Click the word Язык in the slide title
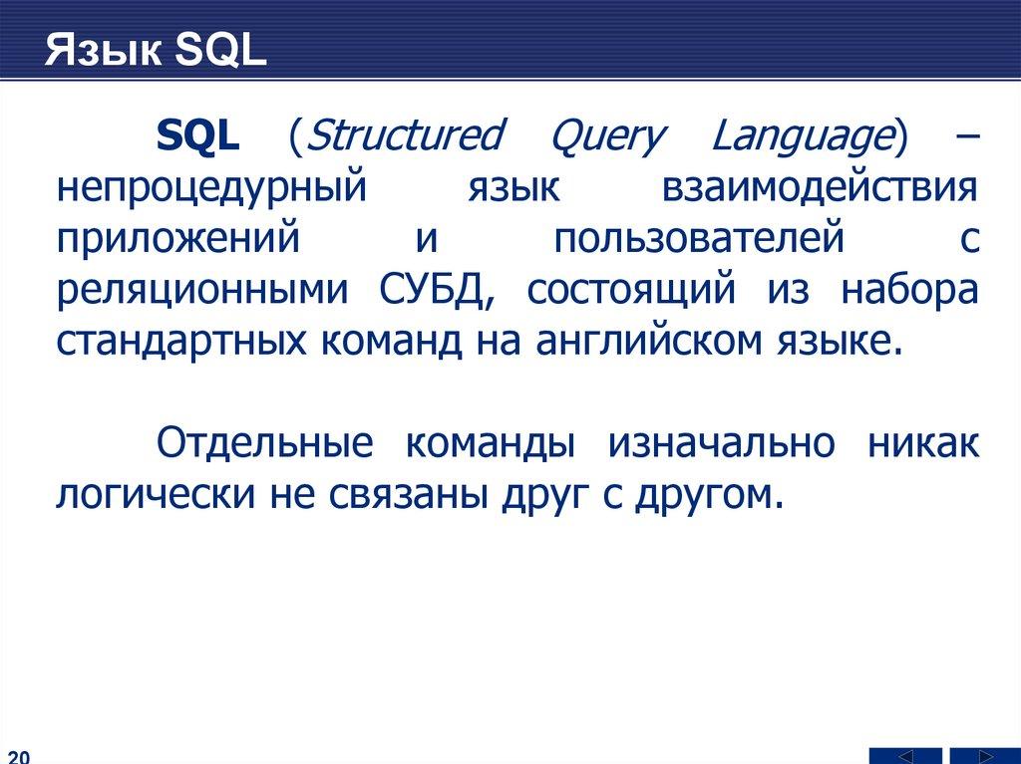click(x=104, y=50)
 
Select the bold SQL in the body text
click(x=198, y=136)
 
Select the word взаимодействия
click(x=820, y=187)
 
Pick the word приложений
click(x=178, y=239)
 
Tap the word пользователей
click(x=699, y=238)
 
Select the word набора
click(x=909, y=290)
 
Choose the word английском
click(x=648, y=340)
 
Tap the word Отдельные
click(x=265, y=444)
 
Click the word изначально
click(x=722, y=443)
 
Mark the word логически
click(x=156, y=495)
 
